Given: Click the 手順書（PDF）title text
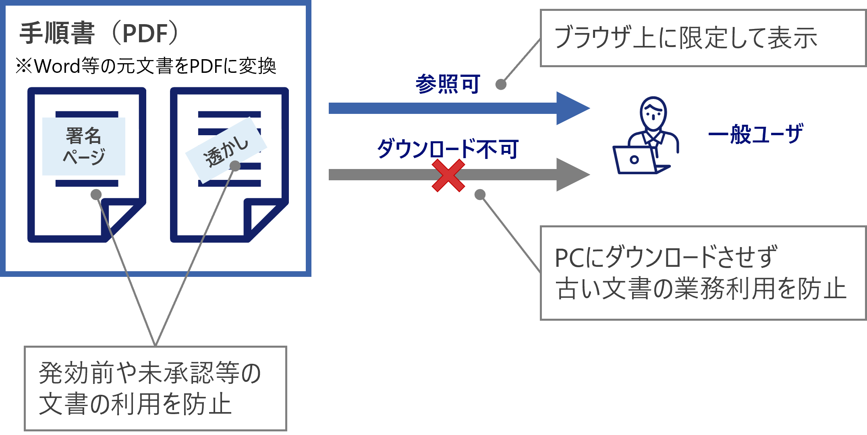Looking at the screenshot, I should click(x=99, y=33).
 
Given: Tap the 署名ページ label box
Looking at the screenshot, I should click(x=84, y=146).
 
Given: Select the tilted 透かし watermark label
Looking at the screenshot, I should click(x=226, y=150).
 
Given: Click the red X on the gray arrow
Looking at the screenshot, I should click(x=448, y=175).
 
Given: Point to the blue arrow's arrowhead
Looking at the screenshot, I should click(x=572, y=108).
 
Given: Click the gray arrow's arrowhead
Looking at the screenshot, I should click(x=572, y=175).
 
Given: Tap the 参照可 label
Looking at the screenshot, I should click(x=448, y=84).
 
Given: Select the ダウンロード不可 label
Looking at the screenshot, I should click(x=448, y=149).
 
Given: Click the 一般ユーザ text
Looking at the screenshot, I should click(x=755, y=134).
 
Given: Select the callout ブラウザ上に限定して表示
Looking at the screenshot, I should click(x=703, y=38).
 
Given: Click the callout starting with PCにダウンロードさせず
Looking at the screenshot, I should click(x=703, y=273).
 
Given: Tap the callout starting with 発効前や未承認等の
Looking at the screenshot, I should click(x=156, y=388).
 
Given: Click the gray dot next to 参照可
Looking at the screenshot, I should click(x=501, y=85).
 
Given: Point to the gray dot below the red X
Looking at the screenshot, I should click(x=480, y=195).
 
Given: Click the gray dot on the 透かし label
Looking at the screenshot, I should click(x=235, y=166).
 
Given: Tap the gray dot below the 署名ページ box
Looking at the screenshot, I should click(x=96, y=195).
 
